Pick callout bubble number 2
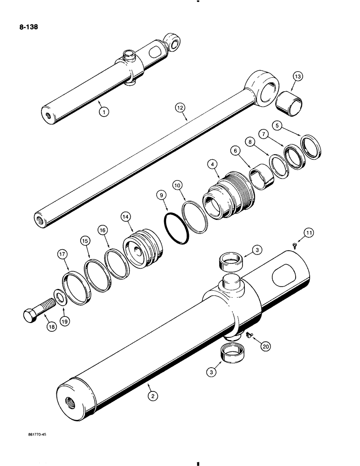(x=152, y=396)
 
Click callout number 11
(x=308, y=233)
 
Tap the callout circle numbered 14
(x=126, y=216)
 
